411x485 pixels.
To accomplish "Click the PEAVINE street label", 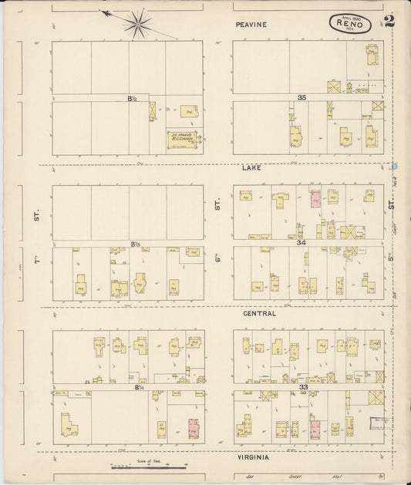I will click(x=251, y=25).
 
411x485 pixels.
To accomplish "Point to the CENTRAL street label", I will click(x=259, y=314).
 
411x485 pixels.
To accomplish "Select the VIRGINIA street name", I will click(x=254, y=457).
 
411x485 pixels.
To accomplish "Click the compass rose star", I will click(x=139, y=23).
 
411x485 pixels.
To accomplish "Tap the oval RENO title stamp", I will click(x=349, y=23).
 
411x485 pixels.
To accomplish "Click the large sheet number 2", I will click(x=389, y=21).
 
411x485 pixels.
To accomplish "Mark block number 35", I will click(x=302, y=98).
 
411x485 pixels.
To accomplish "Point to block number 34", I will click(x=302, y=242).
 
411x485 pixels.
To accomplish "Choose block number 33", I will click(x=303, y=386).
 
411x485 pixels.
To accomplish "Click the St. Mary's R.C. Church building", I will click(x=184, y=139).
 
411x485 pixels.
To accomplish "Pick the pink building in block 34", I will click(x=315, y=198).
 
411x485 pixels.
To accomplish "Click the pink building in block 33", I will click(x=315, y=426).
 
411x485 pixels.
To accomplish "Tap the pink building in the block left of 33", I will click(x=193, y=428).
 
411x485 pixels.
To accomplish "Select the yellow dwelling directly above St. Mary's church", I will click(x=189, y=113).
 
